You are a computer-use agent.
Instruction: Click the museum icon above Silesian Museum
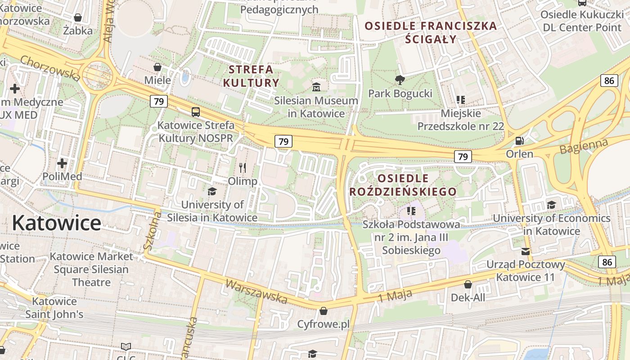click(x=316, y=86)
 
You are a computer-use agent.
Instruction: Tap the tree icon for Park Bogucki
click(x=400, y=80)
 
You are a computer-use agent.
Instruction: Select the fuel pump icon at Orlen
click(x=519, y=140)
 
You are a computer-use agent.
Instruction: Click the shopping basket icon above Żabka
click(x=78, y=18)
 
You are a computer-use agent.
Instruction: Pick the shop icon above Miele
click(x=157, y=67)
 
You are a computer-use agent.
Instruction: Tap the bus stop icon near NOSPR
click(x=195, y=112)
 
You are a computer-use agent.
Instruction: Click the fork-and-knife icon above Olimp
click(x=243, y=168)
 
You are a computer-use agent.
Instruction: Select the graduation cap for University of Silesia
click(x=212, y=191)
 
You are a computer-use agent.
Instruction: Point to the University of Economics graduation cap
click(x=551, y=205)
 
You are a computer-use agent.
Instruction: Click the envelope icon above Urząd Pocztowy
click(x=525, y=251)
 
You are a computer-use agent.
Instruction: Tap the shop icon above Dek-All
click(x=468, y=284)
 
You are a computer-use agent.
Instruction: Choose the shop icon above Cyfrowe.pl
click(x=323, y=310)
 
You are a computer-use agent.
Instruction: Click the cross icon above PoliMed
click(x=62, y=163)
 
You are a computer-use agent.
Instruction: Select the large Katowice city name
click(x=57, y=223)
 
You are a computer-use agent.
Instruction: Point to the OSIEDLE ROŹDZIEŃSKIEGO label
click(x=403, y=185)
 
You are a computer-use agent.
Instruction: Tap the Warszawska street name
click(x=256, y=291)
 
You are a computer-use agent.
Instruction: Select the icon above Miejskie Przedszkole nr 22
click(x=460, y=99)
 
